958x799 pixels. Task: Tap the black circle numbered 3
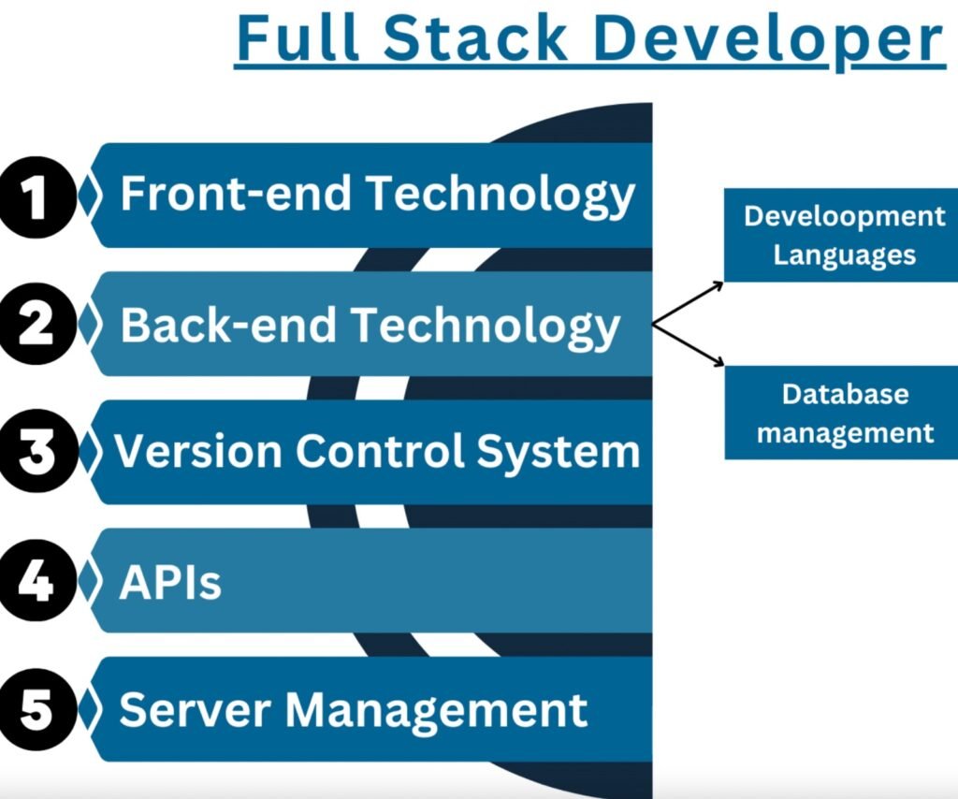[36, 453]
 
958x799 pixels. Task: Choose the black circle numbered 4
[36, 581]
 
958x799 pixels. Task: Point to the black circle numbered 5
[36, 709]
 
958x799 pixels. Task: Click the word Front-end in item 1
[236, 195]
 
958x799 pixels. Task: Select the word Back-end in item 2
[228, 325]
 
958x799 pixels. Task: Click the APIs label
[170, 582]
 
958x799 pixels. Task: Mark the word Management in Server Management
[436, 711]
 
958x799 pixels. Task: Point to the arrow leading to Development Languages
[689, 302]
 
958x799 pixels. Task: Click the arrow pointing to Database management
[689, 345]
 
